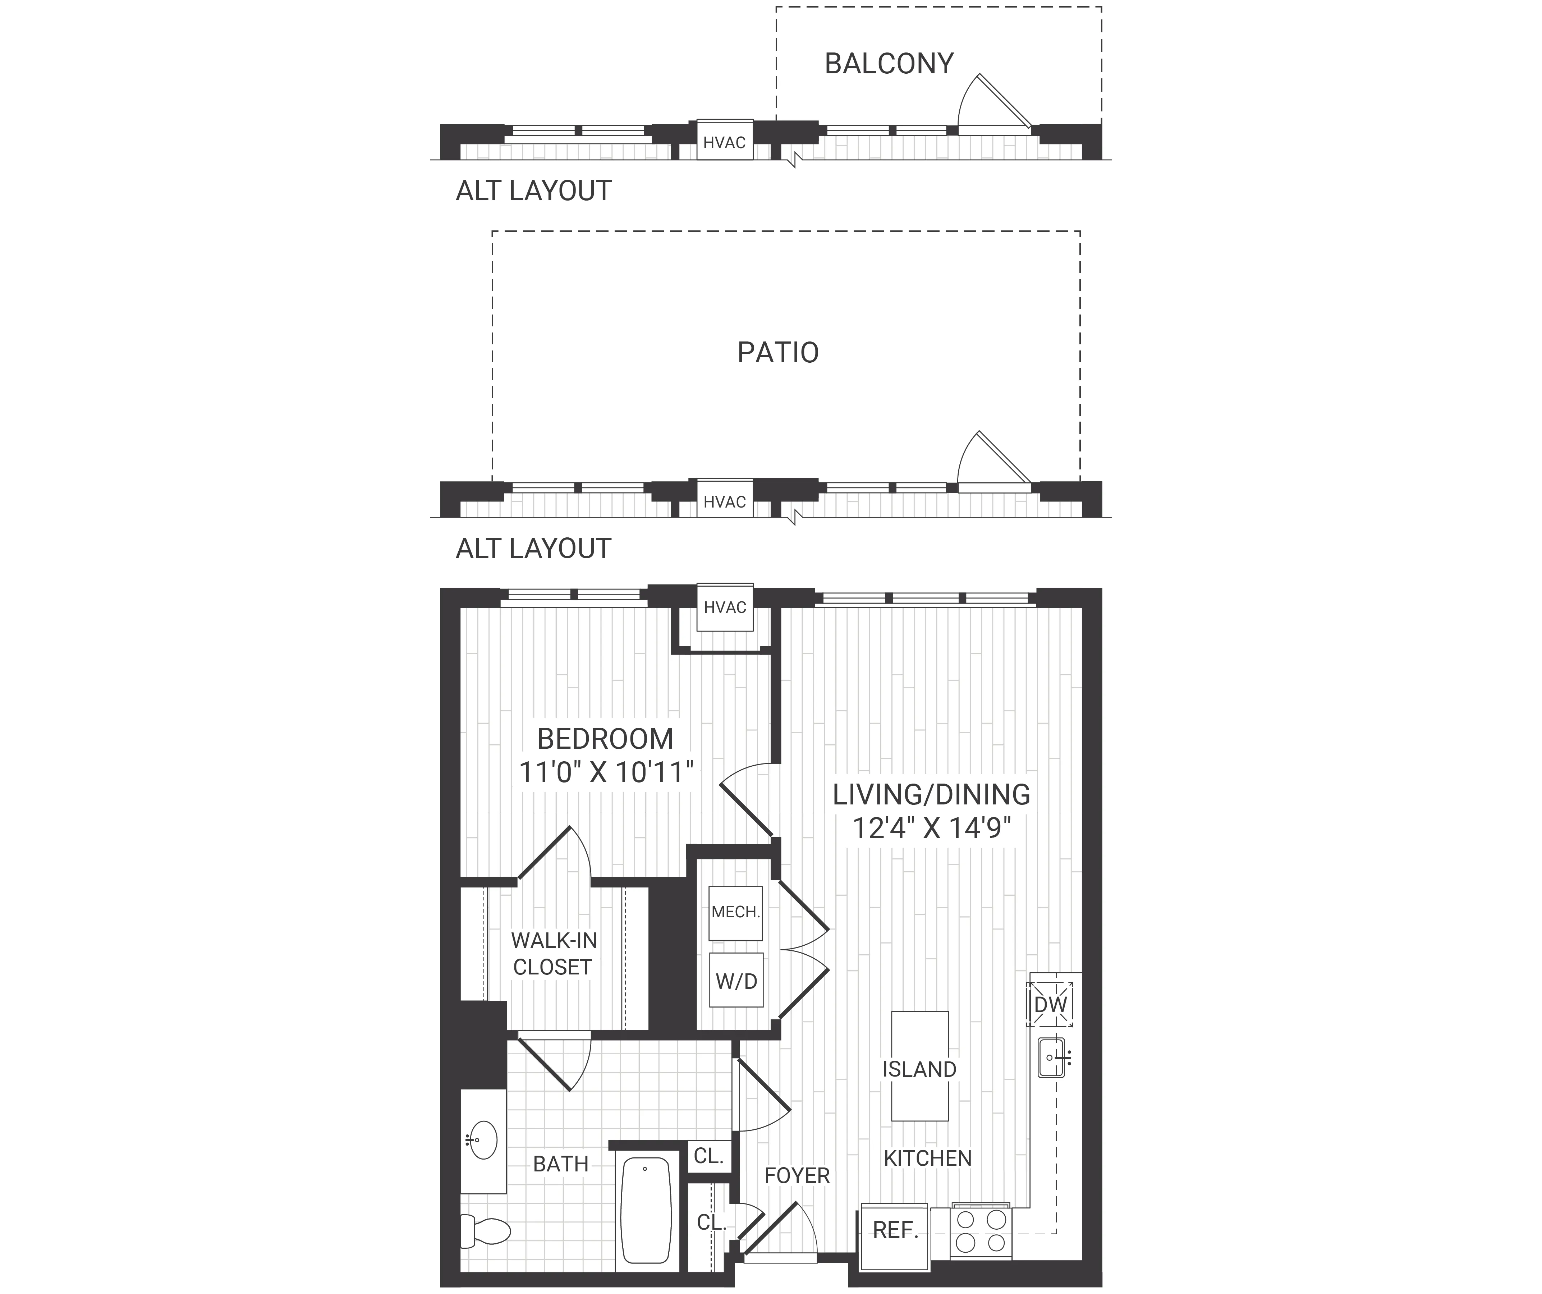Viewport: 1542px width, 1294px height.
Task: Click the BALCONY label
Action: point(889,64)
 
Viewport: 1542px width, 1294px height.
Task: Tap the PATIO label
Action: point(777,353)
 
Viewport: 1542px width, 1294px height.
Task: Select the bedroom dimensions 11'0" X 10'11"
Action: point(606,772)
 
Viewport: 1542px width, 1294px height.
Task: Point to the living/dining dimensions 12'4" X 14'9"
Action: point(931,829)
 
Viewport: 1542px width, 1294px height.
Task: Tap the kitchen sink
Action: point(1051,1057)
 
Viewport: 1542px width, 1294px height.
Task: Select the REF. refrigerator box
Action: point(894,1230)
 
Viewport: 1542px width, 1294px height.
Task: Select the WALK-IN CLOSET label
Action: point(554,953)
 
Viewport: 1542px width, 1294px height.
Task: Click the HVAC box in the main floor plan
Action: point(725,607)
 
